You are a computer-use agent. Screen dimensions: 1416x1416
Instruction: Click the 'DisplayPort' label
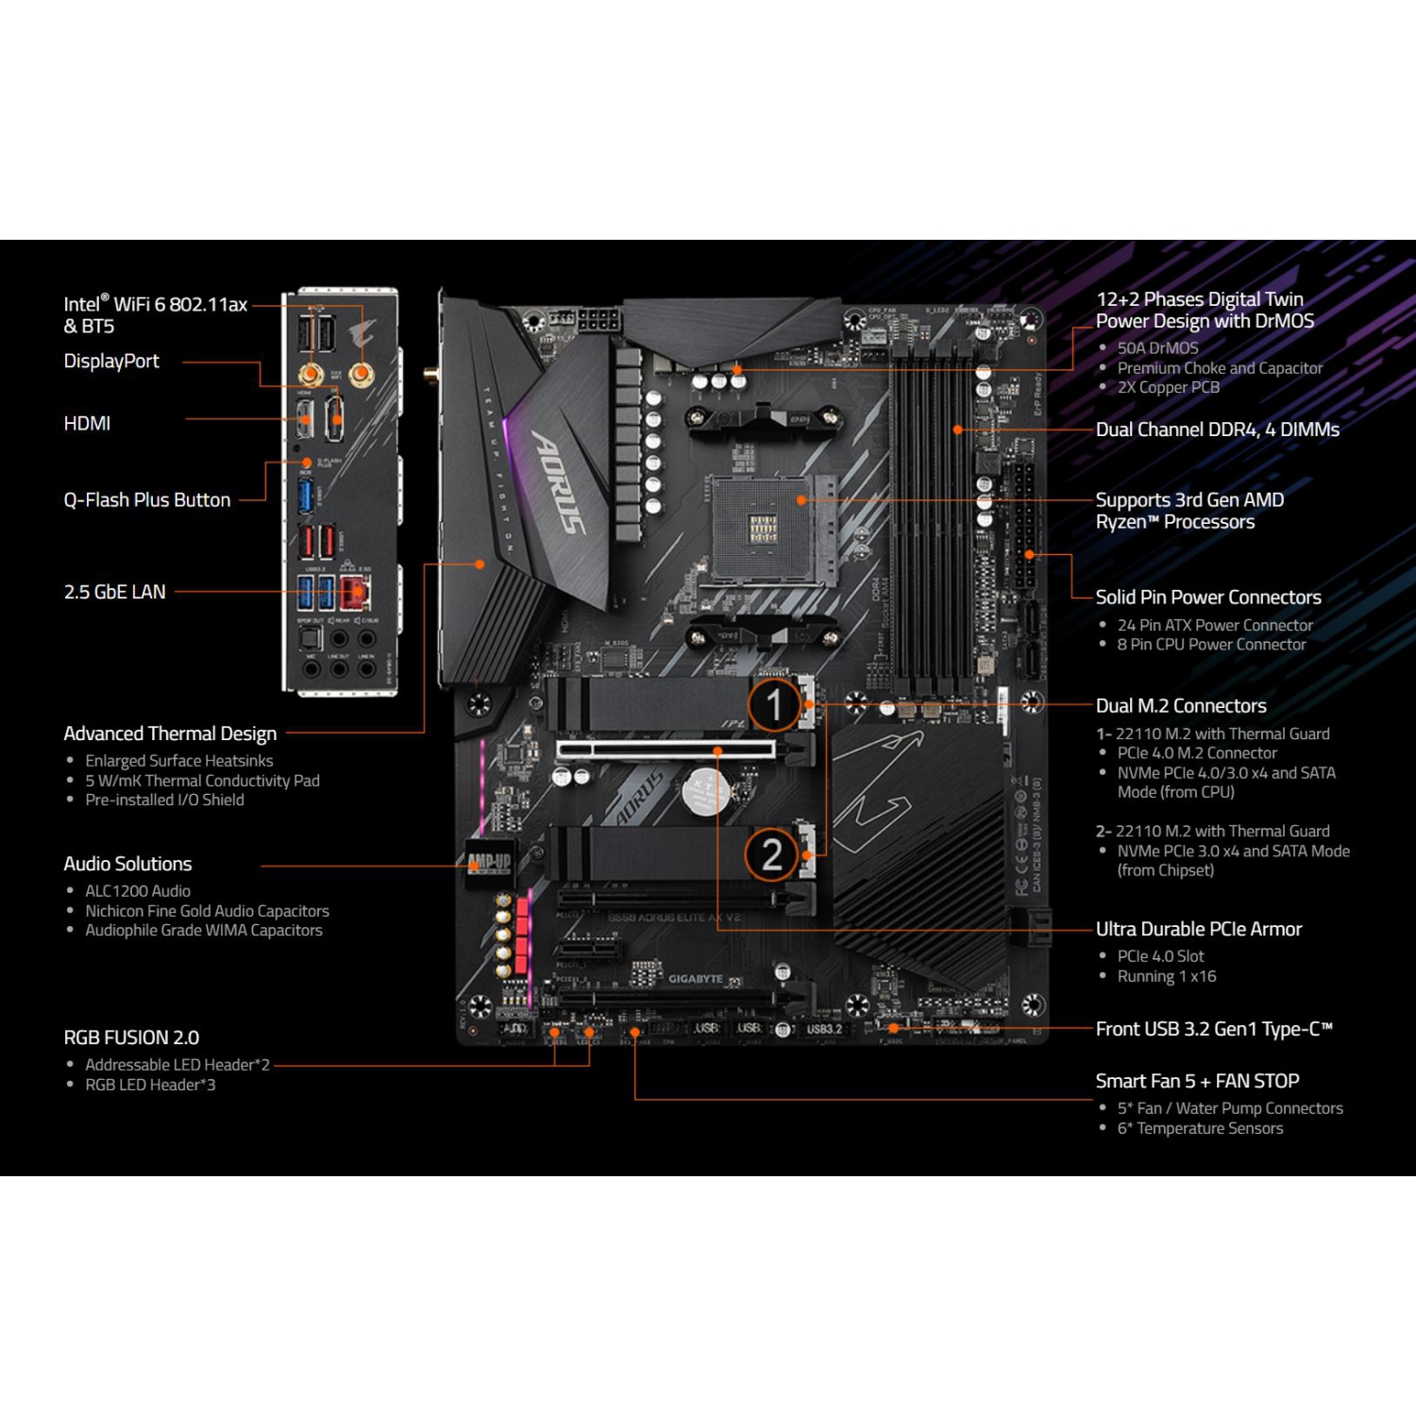coord(111,362)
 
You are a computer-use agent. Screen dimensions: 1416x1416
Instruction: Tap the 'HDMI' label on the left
coord(87,424)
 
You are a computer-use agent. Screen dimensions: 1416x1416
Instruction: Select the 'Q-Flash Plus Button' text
coord(146,500)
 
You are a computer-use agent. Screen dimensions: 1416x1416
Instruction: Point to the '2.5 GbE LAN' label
coord(114,592)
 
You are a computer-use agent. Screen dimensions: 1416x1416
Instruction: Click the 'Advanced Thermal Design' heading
coord(170,733)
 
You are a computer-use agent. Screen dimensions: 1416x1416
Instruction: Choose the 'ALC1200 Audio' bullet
coord(138,891)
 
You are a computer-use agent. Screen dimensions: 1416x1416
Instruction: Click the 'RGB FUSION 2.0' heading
coord(131,1037)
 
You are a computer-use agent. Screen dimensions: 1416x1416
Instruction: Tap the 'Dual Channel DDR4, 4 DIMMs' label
coord(1217,430)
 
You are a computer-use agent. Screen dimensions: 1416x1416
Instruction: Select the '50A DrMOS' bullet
coord(1157,348)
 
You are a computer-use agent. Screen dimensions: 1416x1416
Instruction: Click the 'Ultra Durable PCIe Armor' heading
coord(1198,929)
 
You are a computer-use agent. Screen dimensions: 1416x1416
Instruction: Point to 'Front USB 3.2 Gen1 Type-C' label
coord(1213,1029)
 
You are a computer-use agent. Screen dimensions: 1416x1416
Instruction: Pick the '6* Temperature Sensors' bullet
coord(1200,1129)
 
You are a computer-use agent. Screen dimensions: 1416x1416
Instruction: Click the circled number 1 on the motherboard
coord(774,704)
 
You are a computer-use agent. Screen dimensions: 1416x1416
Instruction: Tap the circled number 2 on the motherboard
coord(772,854)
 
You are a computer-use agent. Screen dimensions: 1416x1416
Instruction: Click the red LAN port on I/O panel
coord(355,593)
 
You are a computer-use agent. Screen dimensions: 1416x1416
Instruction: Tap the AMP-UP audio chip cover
coord(489,862)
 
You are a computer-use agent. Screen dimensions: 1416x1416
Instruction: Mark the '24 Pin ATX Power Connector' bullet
coord(1215,625)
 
